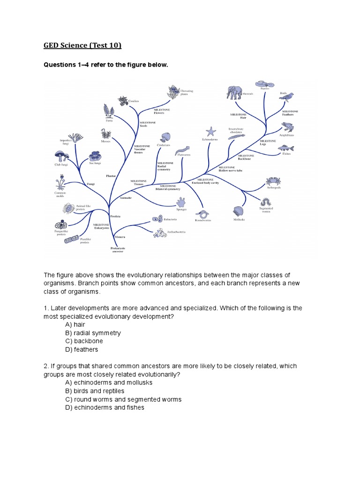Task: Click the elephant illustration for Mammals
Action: click(234, 92)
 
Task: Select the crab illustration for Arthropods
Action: click(273, 182)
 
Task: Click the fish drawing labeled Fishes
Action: click(286, 148)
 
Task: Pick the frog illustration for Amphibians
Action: click(287, 127)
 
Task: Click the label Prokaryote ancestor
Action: click(117, 249)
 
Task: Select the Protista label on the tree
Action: click(116, 217)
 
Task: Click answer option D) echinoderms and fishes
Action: click(105, 408)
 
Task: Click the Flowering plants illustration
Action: click(174, 92)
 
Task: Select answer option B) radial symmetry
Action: click(93, 333)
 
